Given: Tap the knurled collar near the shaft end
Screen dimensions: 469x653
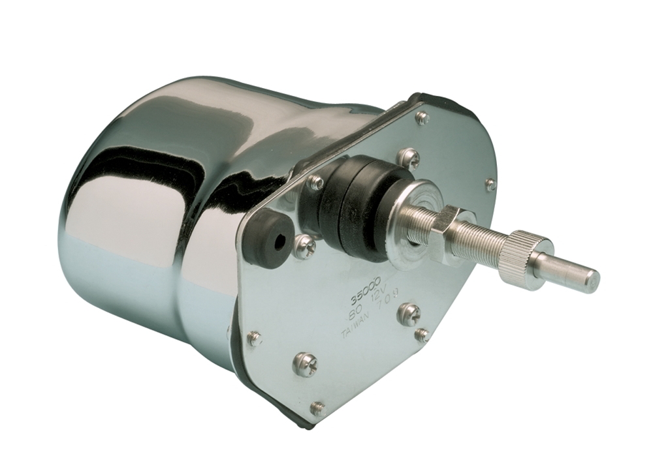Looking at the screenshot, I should click(527, 259).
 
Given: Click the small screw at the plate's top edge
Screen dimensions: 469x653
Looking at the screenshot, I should click(422, 118).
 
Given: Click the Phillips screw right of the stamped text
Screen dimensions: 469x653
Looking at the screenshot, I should click(409, 314).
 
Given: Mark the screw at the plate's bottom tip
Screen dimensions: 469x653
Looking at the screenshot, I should click(317, 409).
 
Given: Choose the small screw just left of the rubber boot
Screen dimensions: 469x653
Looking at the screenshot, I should click(315, 183).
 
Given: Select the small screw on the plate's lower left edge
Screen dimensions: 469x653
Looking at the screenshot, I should click(254, 338).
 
